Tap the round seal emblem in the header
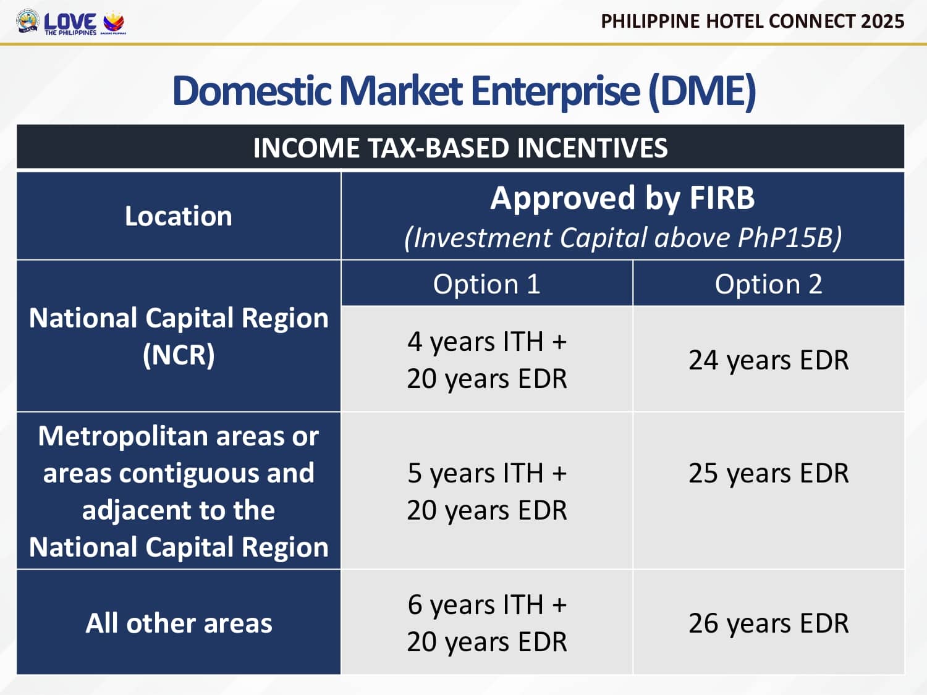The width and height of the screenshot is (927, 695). tap(28, 21)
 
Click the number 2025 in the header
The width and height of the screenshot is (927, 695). tap(883, 21)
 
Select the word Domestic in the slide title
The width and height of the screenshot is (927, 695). tap(252, 91)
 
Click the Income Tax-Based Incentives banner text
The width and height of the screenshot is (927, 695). tap(460, 148)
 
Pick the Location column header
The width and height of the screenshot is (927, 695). tap(178, 216)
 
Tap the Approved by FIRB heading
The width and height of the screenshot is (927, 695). tap(622, 198)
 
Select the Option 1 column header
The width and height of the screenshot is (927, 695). tap(486, 284)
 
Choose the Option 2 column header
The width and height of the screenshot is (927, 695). tap(768, 284)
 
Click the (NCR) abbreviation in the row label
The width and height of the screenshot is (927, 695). tap(179, 355)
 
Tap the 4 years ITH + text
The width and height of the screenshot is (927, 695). tap(486, 342)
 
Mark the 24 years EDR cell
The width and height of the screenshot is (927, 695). tap(768, 360)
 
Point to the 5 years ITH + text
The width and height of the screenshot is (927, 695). tap(486, 473)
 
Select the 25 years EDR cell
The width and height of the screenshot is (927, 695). tap(768, 473)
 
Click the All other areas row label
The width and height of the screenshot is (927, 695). tap(179, 623)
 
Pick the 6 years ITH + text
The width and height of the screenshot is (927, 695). tap(486, 605)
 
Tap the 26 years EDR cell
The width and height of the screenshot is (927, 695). tap(768, 623)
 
